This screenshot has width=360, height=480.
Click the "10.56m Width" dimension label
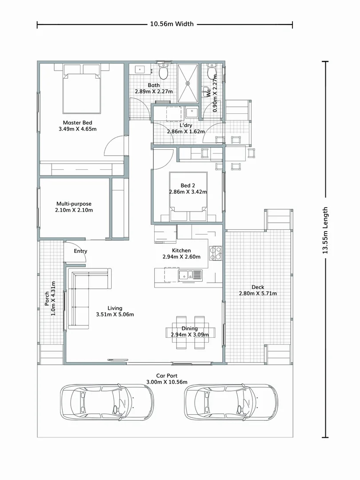pyautogui.click(x=172, y=24)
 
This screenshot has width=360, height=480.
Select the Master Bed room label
pyautogui.click(x=77, y=123)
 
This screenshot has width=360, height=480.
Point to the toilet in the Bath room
pyautogui.click(x=164, y=72)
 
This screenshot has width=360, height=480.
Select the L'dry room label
pyautogui.click(x=185, y=125)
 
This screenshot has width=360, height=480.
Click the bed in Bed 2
pyautogui.click(x=188, y=196)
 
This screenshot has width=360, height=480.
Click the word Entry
pyautogui.click(x=80, y=251)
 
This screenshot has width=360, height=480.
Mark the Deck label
pyautogui.click(x=258, y=287)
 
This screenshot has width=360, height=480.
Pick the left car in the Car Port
pyautogui.click(x=106, y=402)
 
